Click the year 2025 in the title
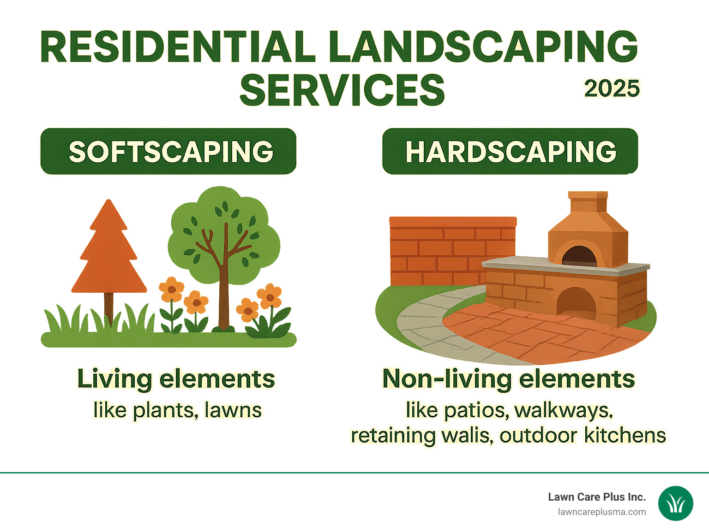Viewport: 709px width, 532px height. click(612, 89)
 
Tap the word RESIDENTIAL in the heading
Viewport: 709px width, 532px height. click(178, 47)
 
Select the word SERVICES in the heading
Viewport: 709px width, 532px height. click(342, 90)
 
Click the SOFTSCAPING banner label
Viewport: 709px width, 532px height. click(170, 152)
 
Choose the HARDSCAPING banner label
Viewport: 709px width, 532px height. click(511, 152)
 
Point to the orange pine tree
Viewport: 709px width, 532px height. click(109, 254)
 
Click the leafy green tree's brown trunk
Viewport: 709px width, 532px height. click(224, 295)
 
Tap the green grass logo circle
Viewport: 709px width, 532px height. click(675, 504)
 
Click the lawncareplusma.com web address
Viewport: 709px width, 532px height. click(602, 512)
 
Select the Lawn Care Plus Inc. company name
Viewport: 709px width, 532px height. click(596, 497)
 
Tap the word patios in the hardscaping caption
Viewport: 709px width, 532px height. click(475, 410)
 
